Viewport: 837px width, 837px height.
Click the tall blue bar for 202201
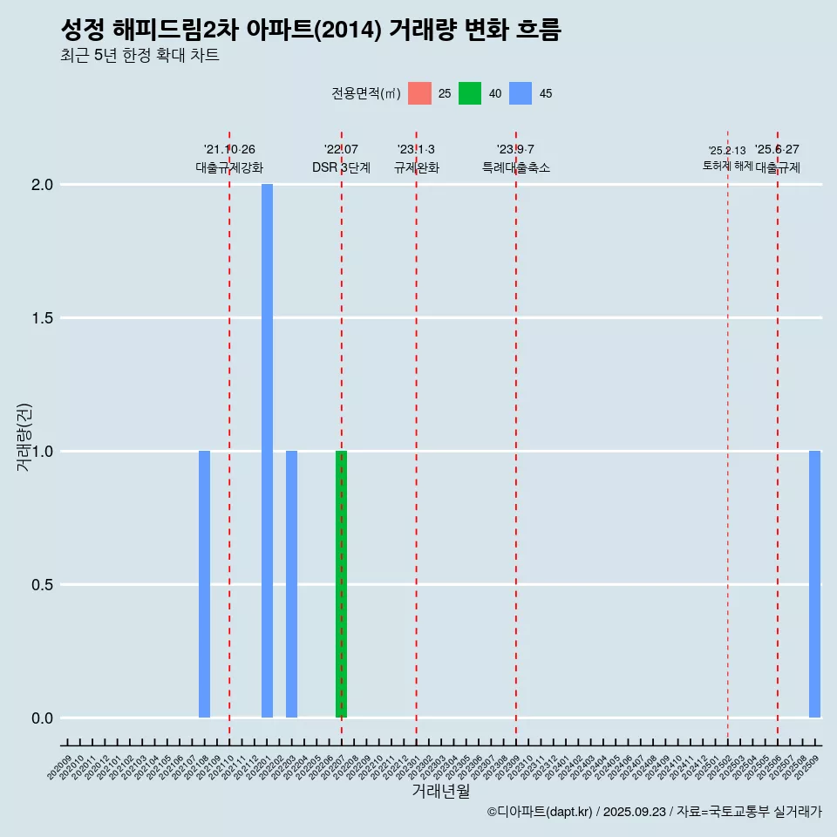pos(267,451)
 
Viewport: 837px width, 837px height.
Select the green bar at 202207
pos(341,584)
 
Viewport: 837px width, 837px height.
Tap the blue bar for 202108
pos(204,584)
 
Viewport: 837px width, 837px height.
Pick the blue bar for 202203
pos(291,584)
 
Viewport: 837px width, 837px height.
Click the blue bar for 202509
pos(814,584)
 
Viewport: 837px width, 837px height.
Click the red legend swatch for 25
pos(419,93)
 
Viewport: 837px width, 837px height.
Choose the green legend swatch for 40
pos(470,93)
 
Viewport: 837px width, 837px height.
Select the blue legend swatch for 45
pos(521,93)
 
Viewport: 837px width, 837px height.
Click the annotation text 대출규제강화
pos(229,167)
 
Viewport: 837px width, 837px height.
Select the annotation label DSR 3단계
pos(341,167)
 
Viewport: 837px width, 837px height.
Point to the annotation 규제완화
pos(416,167)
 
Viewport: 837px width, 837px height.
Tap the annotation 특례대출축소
pos(516,167)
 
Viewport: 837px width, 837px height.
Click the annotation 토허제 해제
pos(727,166)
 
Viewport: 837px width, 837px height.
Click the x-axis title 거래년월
pos(440,792)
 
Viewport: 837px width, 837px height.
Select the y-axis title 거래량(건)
pos(24,437)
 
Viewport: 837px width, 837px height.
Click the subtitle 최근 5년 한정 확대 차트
pos(139,56)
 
